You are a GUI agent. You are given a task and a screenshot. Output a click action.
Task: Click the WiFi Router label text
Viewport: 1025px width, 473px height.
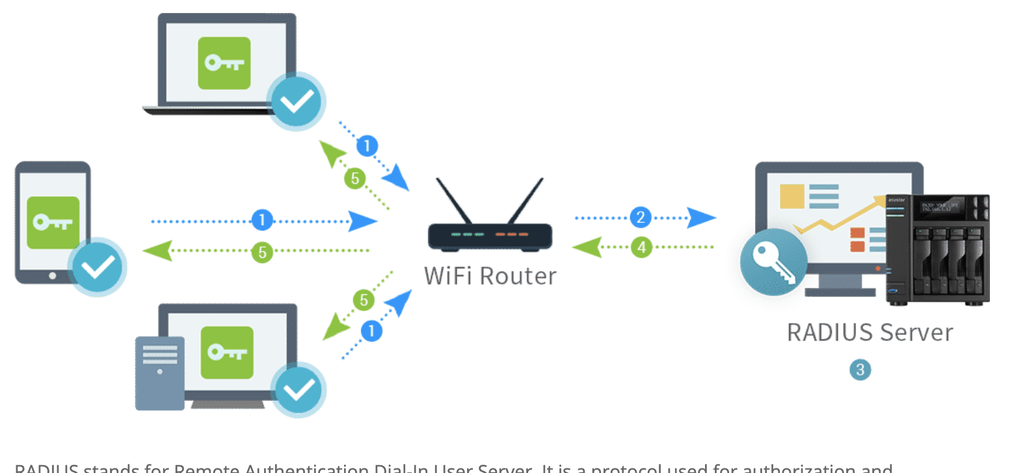point(490,276)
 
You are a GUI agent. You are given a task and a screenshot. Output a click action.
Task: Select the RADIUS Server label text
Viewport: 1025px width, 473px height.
point(870,333)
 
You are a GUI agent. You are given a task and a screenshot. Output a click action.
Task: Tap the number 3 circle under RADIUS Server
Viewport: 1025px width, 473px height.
point(860,370)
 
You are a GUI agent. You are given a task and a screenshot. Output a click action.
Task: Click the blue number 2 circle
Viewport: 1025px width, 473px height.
point(641,217)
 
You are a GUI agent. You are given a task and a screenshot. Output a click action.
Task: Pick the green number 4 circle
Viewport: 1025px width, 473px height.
point(641,247)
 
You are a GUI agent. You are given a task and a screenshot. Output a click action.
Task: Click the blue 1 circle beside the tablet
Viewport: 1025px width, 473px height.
point(262,220)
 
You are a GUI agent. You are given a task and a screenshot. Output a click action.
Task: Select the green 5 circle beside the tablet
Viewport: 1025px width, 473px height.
point(262,252)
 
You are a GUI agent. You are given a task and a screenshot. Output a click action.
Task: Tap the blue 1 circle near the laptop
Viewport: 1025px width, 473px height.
point(367,146)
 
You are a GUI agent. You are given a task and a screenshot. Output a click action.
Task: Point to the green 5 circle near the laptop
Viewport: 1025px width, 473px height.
point(355,178)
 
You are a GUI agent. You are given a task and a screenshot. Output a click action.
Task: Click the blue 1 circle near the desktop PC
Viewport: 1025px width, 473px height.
point(371,331)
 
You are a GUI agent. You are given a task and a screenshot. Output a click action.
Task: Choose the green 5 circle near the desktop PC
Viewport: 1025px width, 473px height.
point(364,300)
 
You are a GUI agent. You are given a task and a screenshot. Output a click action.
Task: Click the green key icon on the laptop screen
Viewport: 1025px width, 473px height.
point(224,63)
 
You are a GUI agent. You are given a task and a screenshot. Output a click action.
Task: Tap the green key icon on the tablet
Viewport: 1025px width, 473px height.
point(53,223)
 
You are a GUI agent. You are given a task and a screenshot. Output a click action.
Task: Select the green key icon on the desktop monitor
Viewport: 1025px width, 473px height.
point(226,353)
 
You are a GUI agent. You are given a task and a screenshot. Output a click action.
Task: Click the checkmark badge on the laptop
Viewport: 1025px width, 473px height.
point(297,101)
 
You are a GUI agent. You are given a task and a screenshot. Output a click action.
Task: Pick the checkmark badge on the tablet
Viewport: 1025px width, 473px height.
point(98,267)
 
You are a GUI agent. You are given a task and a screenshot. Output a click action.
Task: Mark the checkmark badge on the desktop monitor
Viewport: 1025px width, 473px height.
point(299,389)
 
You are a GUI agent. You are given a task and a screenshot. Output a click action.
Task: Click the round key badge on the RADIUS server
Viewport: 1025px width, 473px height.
point(773,262)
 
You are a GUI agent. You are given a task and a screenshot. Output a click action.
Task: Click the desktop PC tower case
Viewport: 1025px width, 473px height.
point(160,373)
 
